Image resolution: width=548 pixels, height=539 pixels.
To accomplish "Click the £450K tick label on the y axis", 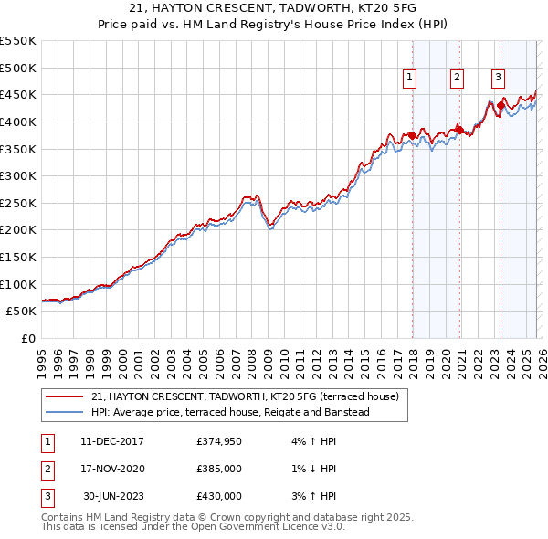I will [18, 94].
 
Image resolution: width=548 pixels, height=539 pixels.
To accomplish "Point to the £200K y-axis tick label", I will [18, 229].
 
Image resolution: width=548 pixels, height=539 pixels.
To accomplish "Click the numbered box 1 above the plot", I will [410, 79].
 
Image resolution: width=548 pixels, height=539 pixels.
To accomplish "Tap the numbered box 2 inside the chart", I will [457, 79].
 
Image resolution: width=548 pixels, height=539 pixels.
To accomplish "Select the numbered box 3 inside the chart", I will [498, 79].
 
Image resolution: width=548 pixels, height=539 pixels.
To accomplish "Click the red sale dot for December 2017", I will [412, 135].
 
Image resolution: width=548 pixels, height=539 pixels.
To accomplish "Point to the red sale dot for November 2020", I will [459, 130].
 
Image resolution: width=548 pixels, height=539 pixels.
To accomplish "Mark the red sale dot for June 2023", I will [501, 105].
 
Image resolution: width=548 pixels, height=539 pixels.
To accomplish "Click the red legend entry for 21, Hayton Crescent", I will [245, 397].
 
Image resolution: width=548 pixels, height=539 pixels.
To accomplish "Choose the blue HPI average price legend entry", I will [229, 413].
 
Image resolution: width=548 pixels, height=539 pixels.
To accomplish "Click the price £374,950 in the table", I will [219, 441].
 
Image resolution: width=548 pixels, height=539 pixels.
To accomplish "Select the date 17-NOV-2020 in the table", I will [112, 469].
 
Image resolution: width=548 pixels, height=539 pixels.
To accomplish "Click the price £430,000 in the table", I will [219, 496].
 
